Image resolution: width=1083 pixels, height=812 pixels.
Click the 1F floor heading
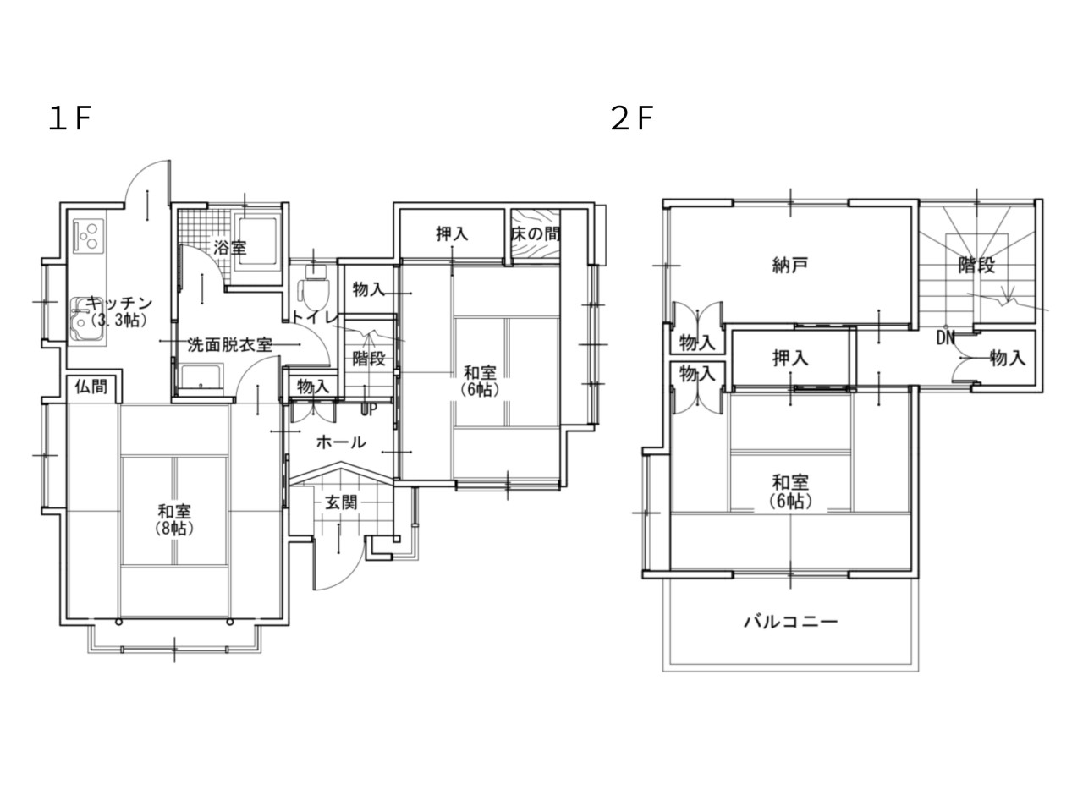tap(69, 119)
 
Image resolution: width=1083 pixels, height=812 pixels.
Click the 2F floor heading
tap(631, 119)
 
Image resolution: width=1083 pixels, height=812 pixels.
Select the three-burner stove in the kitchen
tap(89, 236)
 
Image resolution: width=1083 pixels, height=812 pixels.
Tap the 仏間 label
tap(91, 386)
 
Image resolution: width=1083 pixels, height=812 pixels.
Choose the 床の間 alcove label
tap(536, 233)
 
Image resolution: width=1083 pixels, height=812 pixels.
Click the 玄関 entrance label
tap(341, 503)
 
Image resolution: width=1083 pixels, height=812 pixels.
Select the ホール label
tap(341, 442)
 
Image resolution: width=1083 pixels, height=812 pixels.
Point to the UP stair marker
tap(369, 409)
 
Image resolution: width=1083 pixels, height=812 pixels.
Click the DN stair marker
tap(945, 338)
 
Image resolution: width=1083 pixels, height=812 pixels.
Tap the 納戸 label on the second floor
tap(789, 266)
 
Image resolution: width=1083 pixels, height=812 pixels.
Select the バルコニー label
tap(790, 621)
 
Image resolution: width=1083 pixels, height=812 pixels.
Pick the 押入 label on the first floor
tap(452, 233)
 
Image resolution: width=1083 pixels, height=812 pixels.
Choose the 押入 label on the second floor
tap(790, 359)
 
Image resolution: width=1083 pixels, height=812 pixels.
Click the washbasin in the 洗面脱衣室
tap(201, 377)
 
